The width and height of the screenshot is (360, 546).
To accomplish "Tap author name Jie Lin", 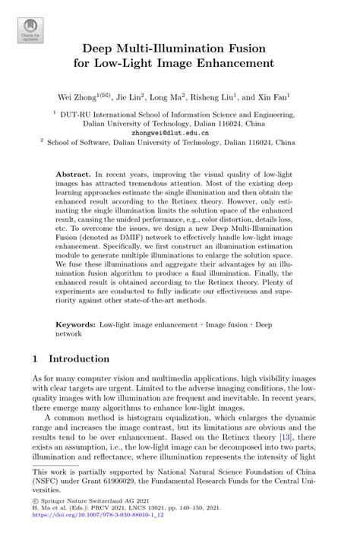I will (x=134, y=98).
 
